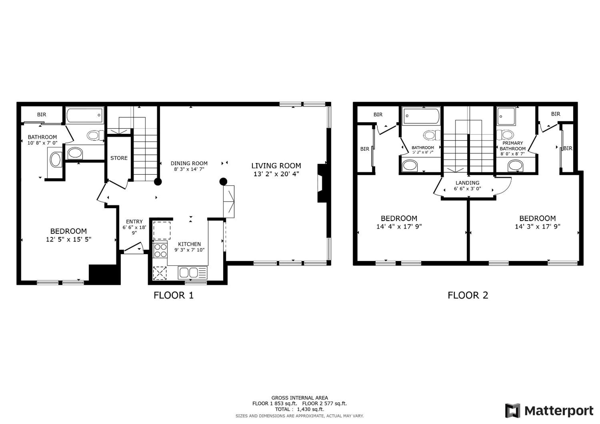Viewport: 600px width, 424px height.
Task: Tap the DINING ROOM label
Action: click(x=189, y=163)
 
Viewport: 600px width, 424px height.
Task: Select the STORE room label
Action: click(x=119, y=158)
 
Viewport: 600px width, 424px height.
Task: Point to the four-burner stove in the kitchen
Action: click(x=160, y=250)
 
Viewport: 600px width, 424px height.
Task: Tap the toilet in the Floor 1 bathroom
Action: click(x=95, y=136)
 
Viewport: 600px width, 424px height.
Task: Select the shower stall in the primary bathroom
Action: click(x=506, y=116)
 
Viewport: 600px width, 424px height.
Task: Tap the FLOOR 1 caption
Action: click(x=173, y=295)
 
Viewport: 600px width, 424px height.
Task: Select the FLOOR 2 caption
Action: click(x=468, y=295)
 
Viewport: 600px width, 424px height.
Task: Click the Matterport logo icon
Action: click(x=513, y=411)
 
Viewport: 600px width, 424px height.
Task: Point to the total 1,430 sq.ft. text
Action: click(x=299, y=409)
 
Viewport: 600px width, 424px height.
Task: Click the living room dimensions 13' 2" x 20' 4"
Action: click(x=276, y=174)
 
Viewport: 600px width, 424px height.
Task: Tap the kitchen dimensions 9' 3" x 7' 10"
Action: click(x=189, y=250)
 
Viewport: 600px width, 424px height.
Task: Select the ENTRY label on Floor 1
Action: click(x=134, y=221)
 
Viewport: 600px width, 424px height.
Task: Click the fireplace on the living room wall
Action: click(x=322, y=183)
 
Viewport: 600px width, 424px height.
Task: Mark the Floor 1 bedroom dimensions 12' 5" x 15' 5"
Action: click(x=68, y=239)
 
